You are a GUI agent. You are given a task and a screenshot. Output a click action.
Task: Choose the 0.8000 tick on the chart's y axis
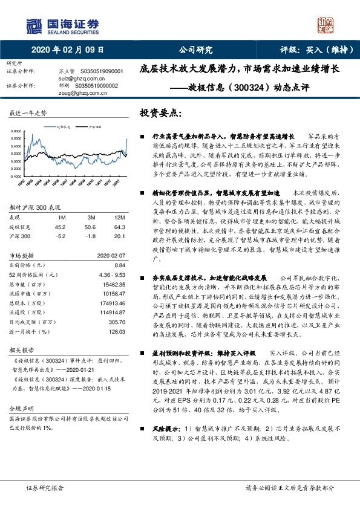click(13, 131)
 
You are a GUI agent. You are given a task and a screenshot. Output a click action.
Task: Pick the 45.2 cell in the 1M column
click(61, 225)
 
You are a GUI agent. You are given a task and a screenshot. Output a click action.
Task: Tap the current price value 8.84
click(120, 265)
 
